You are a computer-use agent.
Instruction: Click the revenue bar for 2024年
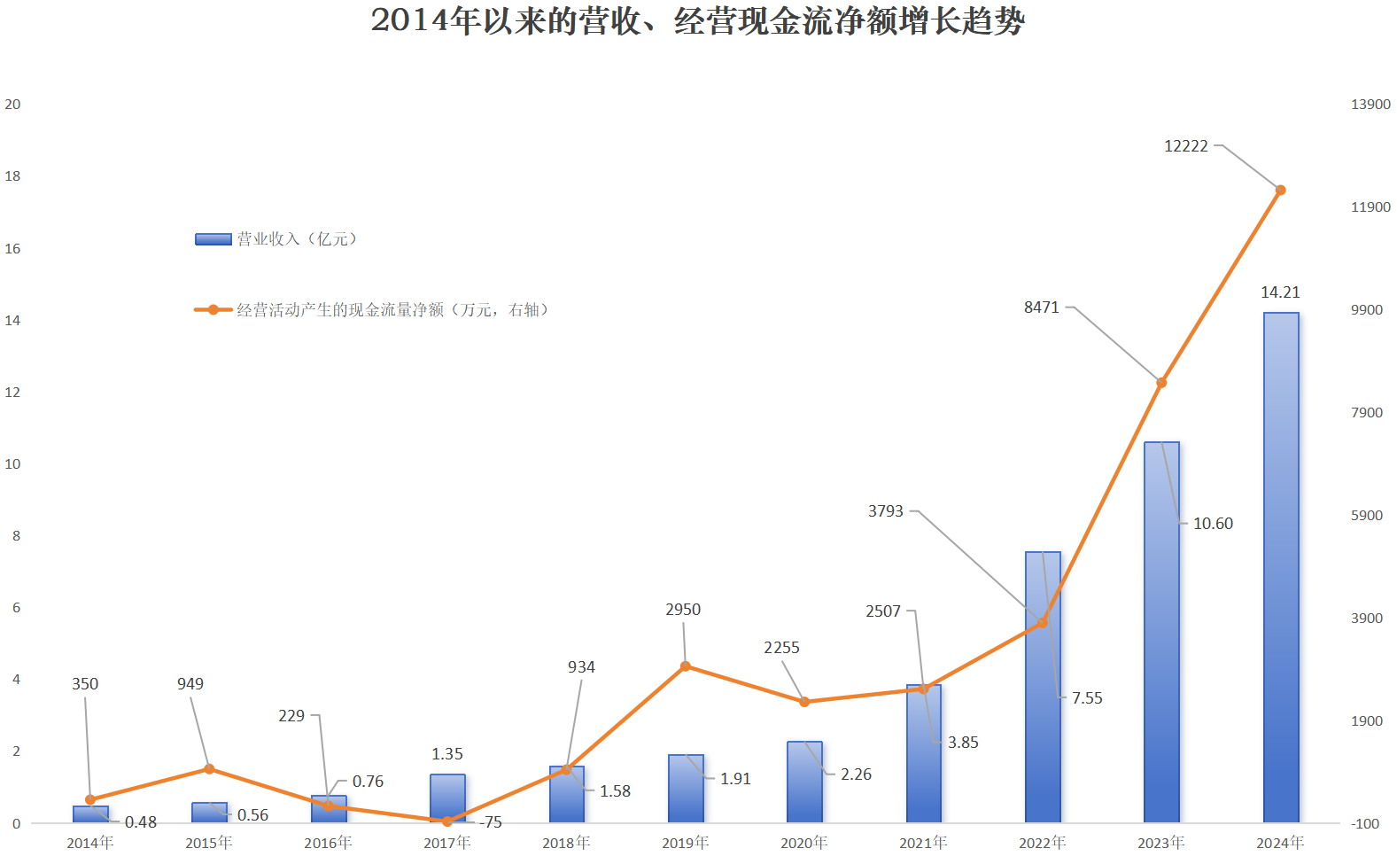(x=1280, y=567)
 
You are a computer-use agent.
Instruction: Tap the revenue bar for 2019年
(x=686, y=789)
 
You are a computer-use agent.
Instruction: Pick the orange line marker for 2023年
(x=1161, y=383)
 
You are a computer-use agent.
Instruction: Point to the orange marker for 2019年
(x=686, y=666)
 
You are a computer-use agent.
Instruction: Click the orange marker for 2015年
(x=209, y=768)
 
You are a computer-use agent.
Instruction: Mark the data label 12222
(x=1185, y=146)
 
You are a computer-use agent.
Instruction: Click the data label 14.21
(x=1280, y=292)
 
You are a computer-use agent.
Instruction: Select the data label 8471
(x=1041, y=307)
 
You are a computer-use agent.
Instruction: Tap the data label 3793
(x=885, y=511)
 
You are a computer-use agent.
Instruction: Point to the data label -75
(x=491, y=822)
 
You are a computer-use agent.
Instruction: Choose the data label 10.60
(x=1213, y=524)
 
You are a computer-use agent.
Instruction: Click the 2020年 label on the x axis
(x=803, y=843)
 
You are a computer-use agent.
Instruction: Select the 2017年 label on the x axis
(x=446, y=843)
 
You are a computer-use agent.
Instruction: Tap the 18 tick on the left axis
(x=12, y=176)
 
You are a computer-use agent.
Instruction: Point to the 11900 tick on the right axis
(x=1370, y=207)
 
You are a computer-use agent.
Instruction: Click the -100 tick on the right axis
(x=1365, y=824)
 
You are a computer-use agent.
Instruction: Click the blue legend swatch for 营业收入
(x=213, y=239)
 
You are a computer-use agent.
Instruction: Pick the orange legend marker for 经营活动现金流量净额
(x=213, y=310)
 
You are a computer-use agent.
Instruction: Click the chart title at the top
(x=697, y=21)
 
